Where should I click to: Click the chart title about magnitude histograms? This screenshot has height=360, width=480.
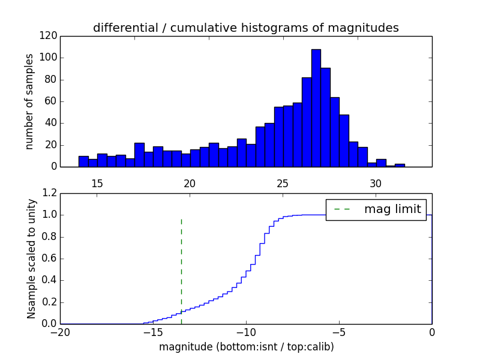[x=245, y=28]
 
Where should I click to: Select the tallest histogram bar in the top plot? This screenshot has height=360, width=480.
[x=316, y=108]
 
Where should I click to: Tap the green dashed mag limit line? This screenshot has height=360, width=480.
[x=181, y=264]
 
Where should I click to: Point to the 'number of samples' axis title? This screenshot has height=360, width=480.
[x=29, y=101]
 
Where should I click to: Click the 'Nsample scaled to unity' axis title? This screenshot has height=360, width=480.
[x=31, y=258]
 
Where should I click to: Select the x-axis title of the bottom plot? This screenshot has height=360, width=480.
[x=246, y=347]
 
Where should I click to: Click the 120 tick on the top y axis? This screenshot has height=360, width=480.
[x=49, y=36]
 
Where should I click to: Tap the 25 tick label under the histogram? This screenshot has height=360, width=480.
[x=283, y=182]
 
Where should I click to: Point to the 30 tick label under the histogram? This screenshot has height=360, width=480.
[x=376, y=182]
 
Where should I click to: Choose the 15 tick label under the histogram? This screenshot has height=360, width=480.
[x=97, y=182]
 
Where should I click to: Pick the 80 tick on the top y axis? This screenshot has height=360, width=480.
[x=52, y=80]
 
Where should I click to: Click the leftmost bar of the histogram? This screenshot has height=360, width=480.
[x=83, y=161]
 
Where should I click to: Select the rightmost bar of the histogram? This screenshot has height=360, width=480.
[x=400, y=165]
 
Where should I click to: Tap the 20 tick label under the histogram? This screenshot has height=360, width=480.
[x=190, y=182]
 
